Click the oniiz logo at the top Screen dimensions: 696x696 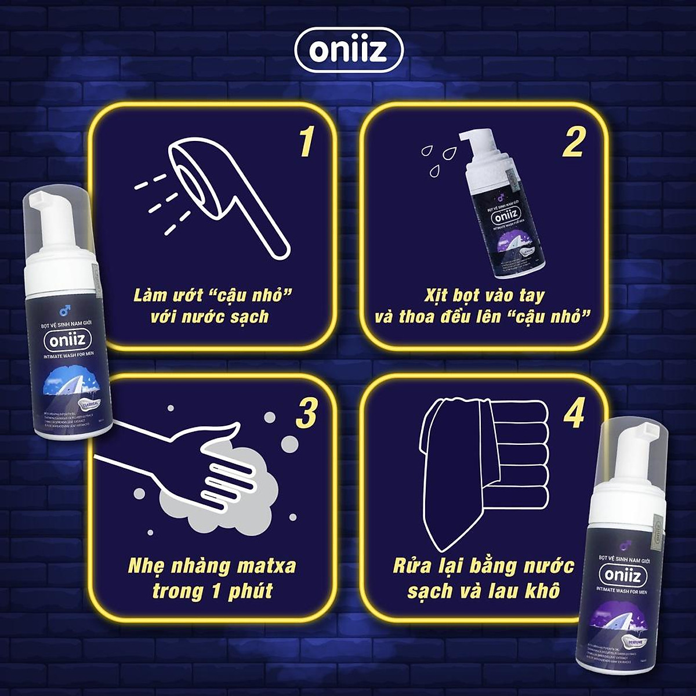pyautogui.click(x=348, y=50)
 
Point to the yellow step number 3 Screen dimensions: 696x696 pyautogui.click(x=306, y=413)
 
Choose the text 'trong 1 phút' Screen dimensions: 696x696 pyautogui.click(x=212, y=591)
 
